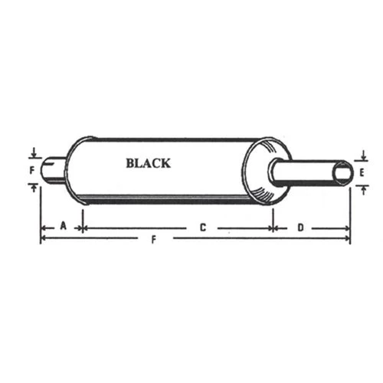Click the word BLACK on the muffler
(x=149, y=163)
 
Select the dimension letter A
(x=64, y=226)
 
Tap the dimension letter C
(x=203, y=228)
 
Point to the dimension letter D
(x=301, y=228)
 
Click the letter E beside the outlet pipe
(x=362, y=173)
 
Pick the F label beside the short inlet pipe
(x=32, y=170)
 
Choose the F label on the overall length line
(x=153, y=240)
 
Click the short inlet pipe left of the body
(x=54, y=170)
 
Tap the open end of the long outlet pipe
(x=343, y=174)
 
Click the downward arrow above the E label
(x=364, y=155)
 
